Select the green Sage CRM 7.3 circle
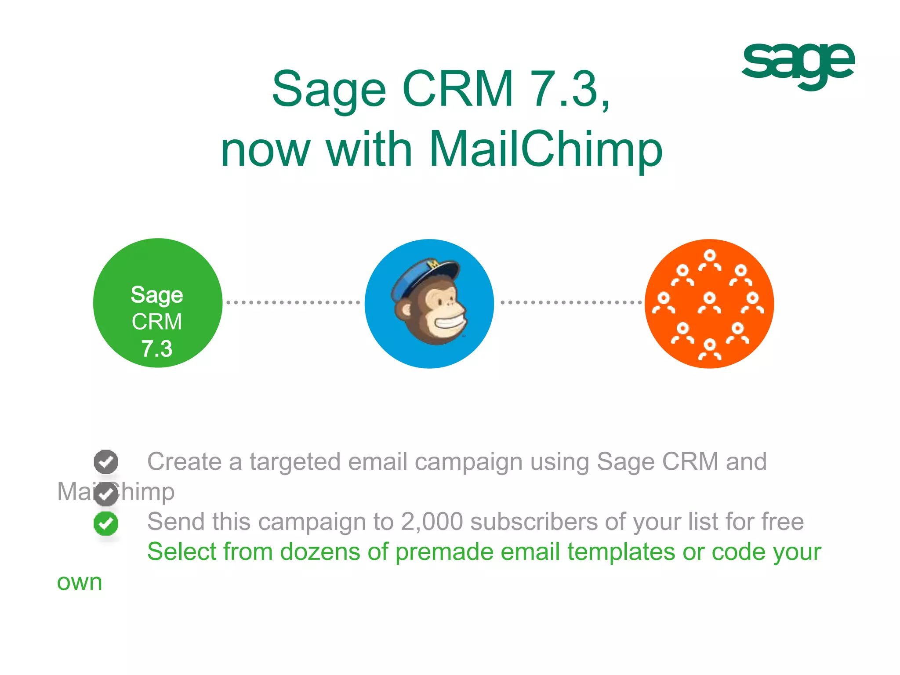(158, 303)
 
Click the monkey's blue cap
(422, 275)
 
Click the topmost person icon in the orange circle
(709, 259)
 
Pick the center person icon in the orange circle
(709, 303)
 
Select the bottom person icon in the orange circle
(709, 349)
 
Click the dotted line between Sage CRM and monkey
(293, 302)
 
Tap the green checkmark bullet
(106, 523)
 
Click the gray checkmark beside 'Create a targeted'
(106, 461)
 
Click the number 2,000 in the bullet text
(432, 522)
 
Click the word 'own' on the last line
(80, 583)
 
